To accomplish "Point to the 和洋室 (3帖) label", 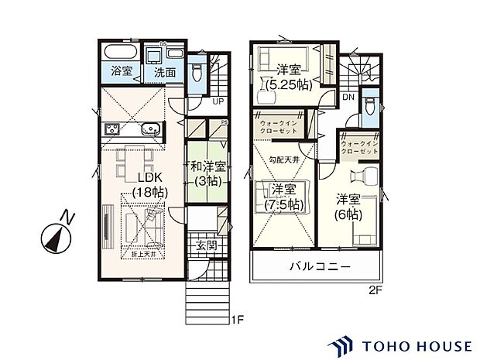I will [205, 173].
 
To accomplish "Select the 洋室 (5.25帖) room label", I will [290, 78].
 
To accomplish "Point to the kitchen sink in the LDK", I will [151, 129].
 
